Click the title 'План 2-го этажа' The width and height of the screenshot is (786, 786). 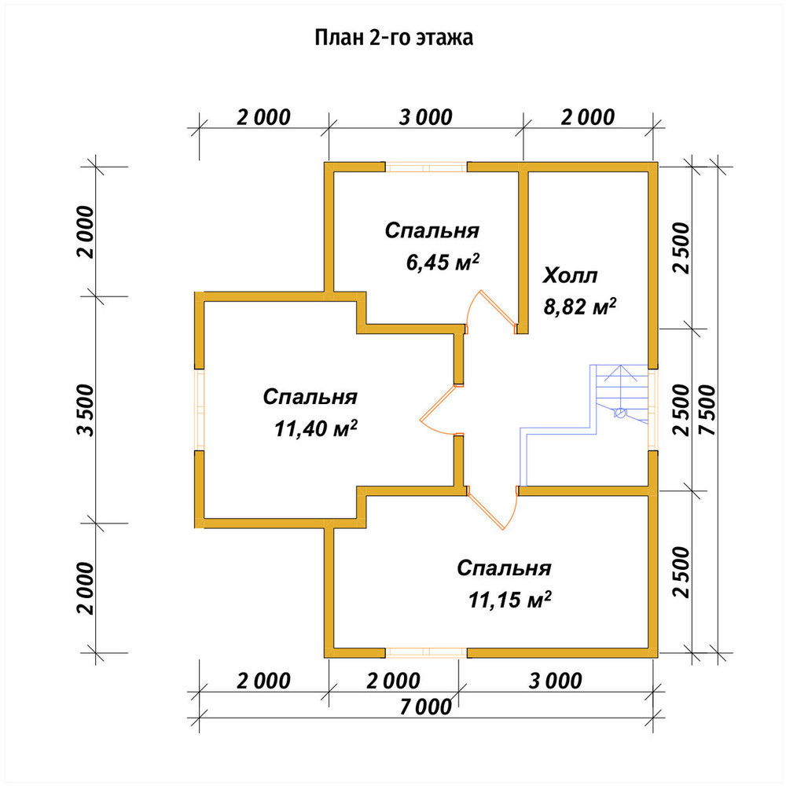(x=394, y=38)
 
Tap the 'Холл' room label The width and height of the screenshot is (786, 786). (x=571, y=276)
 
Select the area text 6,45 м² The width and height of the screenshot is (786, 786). (x=443, y=263)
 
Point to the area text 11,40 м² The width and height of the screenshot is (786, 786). (x=316, y=428)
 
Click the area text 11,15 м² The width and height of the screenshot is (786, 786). (x=510, y=600)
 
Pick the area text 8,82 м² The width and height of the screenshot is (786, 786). (x=580, y=307)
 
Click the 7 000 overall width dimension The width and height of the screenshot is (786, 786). (x=426, y=707)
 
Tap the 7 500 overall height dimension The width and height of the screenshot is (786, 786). (x=708, y=410)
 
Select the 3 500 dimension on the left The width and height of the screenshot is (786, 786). (x=86, y=410)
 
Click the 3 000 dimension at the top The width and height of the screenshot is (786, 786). (x=426, y=118)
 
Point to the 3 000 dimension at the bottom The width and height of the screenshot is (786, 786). (x=556, y=681)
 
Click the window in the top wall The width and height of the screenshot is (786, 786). (x=426, y=167)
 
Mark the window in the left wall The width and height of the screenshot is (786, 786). (x=200, y=410)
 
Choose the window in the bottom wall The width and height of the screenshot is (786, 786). (x=426, y=652)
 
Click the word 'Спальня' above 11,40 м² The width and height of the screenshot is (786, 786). (x=310, y=397)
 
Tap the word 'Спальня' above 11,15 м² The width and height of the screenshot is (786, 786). (x=505, y=568)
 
